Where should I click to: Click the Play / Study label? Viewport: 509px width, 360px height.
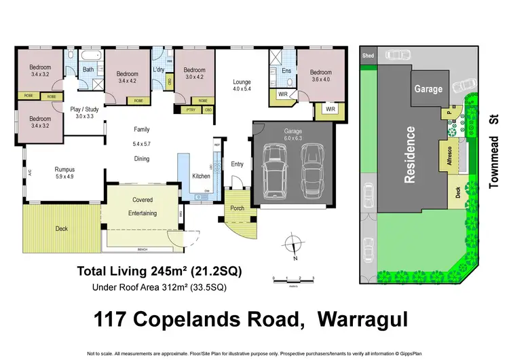click(86, 108)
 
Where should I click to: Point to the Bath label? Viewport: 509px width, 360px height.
click(88, 69)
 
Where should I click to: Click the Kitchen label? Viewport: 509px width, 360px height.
click(202, 176)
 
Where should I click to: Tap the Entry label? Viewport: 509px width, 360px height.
click(237, 164)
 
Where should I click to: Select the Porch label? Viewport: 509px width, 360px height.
click(238, 208)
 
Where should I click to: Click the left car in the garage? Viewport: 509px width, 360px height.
click(276, 173)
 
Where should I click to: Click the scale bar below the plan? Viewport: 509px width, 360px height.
click(293, 278)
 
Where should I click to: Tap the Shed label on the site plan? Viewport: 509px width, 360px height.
click(369, 55)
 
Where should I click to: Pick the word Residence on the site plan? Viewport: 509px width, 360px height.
click(410, 155)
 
